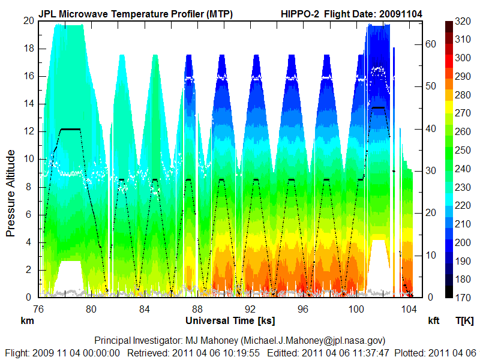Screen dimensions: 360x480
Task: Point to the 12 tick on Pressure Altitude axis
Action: [x=28, y=131]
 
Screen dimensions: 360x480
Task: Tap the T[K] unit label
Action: [x=465, y=321]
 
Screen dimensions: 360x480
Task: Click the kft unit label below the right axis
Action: [x=434, y=321]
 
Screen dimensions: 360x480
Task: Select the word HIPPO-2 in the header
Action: [x=301, y=14]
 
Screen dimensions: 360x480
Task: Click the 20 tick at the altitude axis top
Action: [x=28, y=20]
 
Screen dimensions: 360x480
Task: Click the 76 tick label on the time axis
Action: [x=38, y=310]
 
